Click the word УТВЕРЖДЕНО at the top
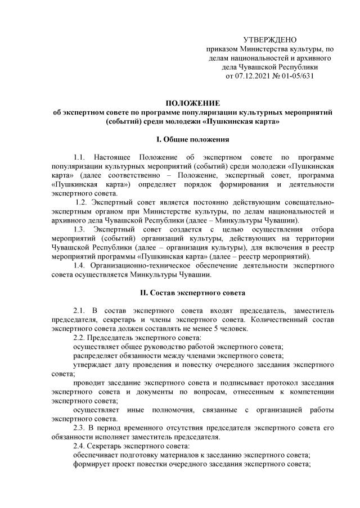click(269, 39)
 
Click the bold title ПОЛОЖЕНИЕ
click(192, 103)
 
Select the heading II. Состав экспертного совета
click(192, 293)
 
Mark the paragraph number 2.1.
click(82, 311)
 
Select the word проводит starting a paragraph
click(90, 384)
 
